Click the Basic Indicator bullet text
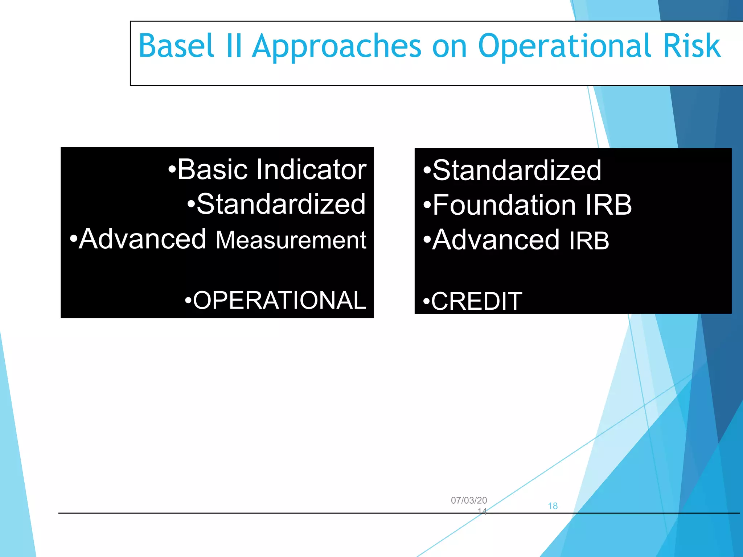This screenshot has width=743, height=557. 268,169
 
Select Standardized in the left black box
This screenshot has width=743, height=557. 277,204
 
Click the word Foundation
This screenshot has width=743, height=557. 504,205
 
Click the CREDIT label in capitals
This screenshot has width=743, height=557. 473,301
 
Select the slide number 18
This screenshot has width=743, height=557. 553,506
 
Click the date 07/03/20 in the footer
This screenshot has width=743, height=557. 469,500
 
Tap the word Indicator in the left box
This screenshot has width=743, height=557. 311,169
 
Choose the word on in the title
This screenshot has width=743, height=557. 449,46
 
